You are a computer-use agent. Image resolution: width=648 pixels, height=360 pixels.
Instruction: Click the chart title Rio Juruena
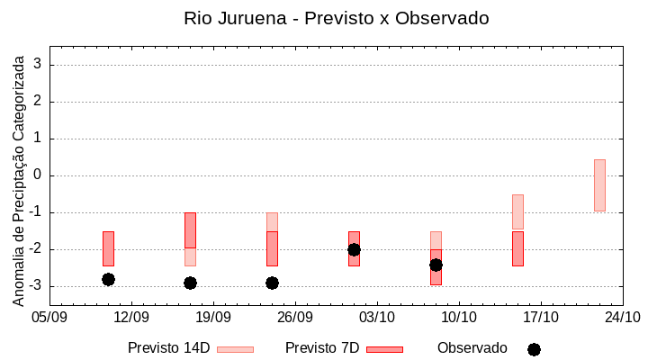pos(336,18)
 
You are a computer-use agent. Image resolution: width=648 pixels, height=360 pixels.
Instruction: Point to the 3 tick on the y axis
pos(39,65)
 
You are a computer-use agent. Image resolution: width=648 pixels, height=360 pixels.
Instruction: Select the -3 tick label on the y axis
pos(35,286)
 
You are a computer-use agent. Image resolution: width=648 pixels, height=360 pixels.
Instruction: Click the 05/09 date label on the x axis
pos(49,318)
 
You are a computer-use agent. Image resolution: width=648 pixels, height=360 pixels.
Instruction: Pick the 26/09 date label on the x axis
pos(295,318)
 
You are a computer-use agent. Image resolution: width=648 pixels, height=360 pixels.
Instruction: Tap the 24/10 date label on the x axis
pos(622,318)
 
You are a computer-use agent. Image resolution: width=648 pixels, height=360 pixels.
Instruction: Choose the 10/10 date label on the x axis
pos(459,318)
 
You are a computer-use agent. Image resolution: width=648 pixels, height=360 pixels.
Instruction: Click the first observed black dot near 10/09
pos(108,279)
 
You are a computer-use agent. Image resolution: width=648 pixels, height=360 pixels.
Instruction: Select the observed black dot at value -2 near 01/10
pos(354,249)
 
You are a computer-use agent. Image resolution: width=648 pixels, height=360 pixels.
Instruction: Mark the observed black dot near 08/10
pos(436,265)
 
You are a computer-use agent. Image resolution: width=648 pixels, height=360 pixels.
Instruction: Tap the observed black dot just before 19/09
pos(190,283)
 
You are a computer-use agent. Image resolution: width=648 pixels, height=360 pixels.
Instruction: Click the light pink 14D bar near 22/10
pos(599,185)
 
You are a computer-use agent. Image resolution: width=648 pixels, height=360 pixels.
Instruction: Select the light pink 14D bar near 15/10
pos(517,211)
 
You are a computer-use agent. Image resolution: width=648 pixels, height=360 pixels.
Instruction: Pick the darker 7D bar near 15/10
pos(517,248)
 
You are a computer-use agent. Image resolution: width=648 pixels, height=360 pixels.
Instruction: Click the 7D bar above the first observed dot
pos(108,248)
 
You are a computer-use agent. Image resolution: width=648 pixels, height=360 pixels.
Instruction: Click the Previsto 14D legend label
pos(169,348)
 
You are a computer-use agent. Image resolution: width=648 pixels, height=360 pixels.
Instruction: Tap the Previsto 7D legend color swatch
pos(384,349)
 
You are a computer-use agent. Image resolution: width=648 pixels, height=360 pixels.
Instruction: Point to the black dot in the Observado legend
pos(534,349)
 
